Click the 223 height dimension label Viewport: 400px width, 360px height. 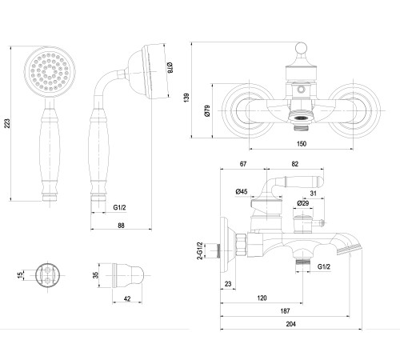pyautogui.click(x=7, y=123)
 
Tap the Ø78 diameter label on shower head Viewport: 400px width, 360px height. pyautogui.click(x=170, y=68)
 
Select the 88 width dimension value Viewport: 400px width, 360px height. pyautogui.click(x=121, y=226)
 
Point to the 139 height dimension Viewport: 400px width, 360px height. pyautogui.click(x=186, y=97)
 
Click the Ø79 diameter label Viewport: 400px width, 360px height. pyautogui.click(x=207, y=110)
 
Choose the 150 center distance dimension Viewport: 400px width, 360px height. pyautogui.click(x=302, y=144)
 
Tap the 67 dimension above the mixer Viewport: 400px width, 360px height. pyautogui.click(x=243, y=164)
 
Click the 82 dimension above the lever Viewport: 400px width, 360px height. pyautogui.click(x=294, y=164)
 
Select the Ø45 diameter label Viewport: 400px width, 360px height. pyautogui.click(x=242, y=191)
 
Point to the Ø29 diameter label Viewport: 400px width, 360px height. pyautogui.click(x=303, y=203)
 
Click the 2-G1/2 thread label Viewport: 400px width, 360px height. pyautogui.click(x=200, y=250)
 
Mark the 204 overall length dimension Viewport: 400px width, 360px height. pyautogui.click(x=291, y=324)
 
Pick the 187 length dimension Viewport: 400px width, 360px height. pyautogui.click(x=285, y=310)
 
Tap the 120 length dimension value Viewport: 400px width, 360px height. pyautogui.click(x=262, y=298)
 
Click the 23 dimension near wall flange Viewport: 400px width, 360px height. pyautogui.click(x=228, y=284)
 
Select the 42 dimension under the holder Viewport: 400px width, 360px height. pyautogui.click(x=127, y=298)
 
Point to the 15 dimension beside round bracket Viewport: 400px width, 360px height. pyautogui.click(x=20, y=275)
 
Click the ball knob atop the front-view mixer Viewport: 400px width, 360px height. pyautogui.click(x=301, y=48)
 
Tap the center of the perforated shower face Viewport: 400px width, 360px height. pyautogui.click(x=50, y=72)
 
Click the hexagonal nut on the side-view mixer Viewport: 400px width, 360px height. pyautogui.click(x=241, y=245)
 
